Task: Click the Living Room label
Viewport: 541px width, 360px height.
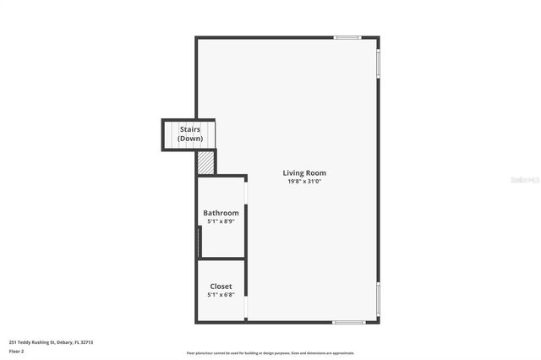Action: pos(304,172)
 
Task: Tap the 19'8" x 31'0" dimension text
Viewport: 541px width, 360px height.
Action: pos(304,181)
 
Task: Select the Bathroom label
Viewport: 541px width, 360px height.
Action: pos(221,213)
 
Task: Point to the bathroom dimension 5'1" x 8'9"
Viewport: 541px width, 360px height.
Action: pos(221,221)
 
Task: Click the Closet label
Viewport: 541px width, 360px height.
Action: pos(221,286)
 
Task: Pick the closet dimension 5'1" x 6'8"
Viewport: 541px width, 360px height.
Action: pos(221,295)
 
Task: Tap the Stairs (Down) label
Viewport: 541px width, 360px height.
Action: pos(190,134)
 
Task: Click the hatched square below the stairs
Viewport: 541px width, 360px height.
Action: pos(206,161)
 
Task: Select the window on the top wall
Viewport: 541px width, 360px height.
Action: pos(347,37)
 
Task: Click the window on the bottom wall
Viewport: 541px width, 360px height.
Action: pos(348,322)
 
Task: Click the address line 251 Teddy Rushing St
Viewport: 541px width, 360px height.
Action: pos(51,342)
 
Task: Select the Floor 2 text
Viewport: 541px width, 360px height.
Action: pos(17,351)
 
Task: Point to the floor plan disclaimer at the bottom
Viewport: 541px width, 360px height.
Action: pos(270,353)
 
